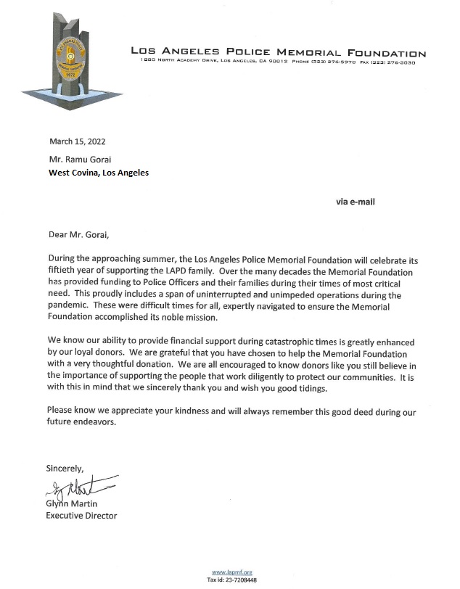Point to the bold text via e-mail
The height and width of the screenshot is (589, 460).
point(356,202)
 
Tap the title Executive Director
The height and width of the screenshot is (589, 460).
point(81,516)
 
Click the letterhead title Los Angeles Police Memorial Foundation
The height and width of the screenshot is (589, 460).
point(278,53)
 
